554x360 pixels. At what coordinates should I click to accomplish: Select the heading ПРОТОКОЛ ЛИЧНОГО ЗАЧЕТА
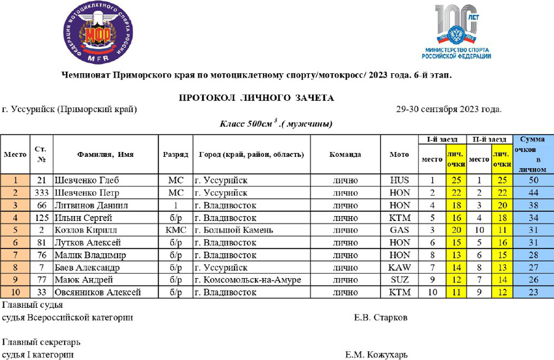click(x=256, y=98)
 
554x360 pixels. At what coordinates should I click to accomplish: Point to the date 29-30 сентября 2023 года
click(x=449, y=110)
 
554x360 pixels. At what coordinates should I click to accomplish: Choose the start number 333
click(x=41, y=193)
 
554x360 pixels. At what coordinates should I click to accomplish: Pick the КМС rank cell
click(x=175, y=230)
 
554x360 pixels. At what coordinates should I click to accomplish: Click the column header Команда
click(x=345, y=154)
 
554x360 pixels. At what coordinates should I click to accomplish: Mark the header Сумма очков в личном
click(x=532, y=154)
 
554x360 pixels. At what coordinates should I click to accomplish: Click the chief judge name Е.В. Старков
click(x=380, y=318)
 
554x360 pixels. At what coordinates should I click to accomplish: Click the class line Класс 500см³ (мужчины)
click(x=276, y=124)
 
